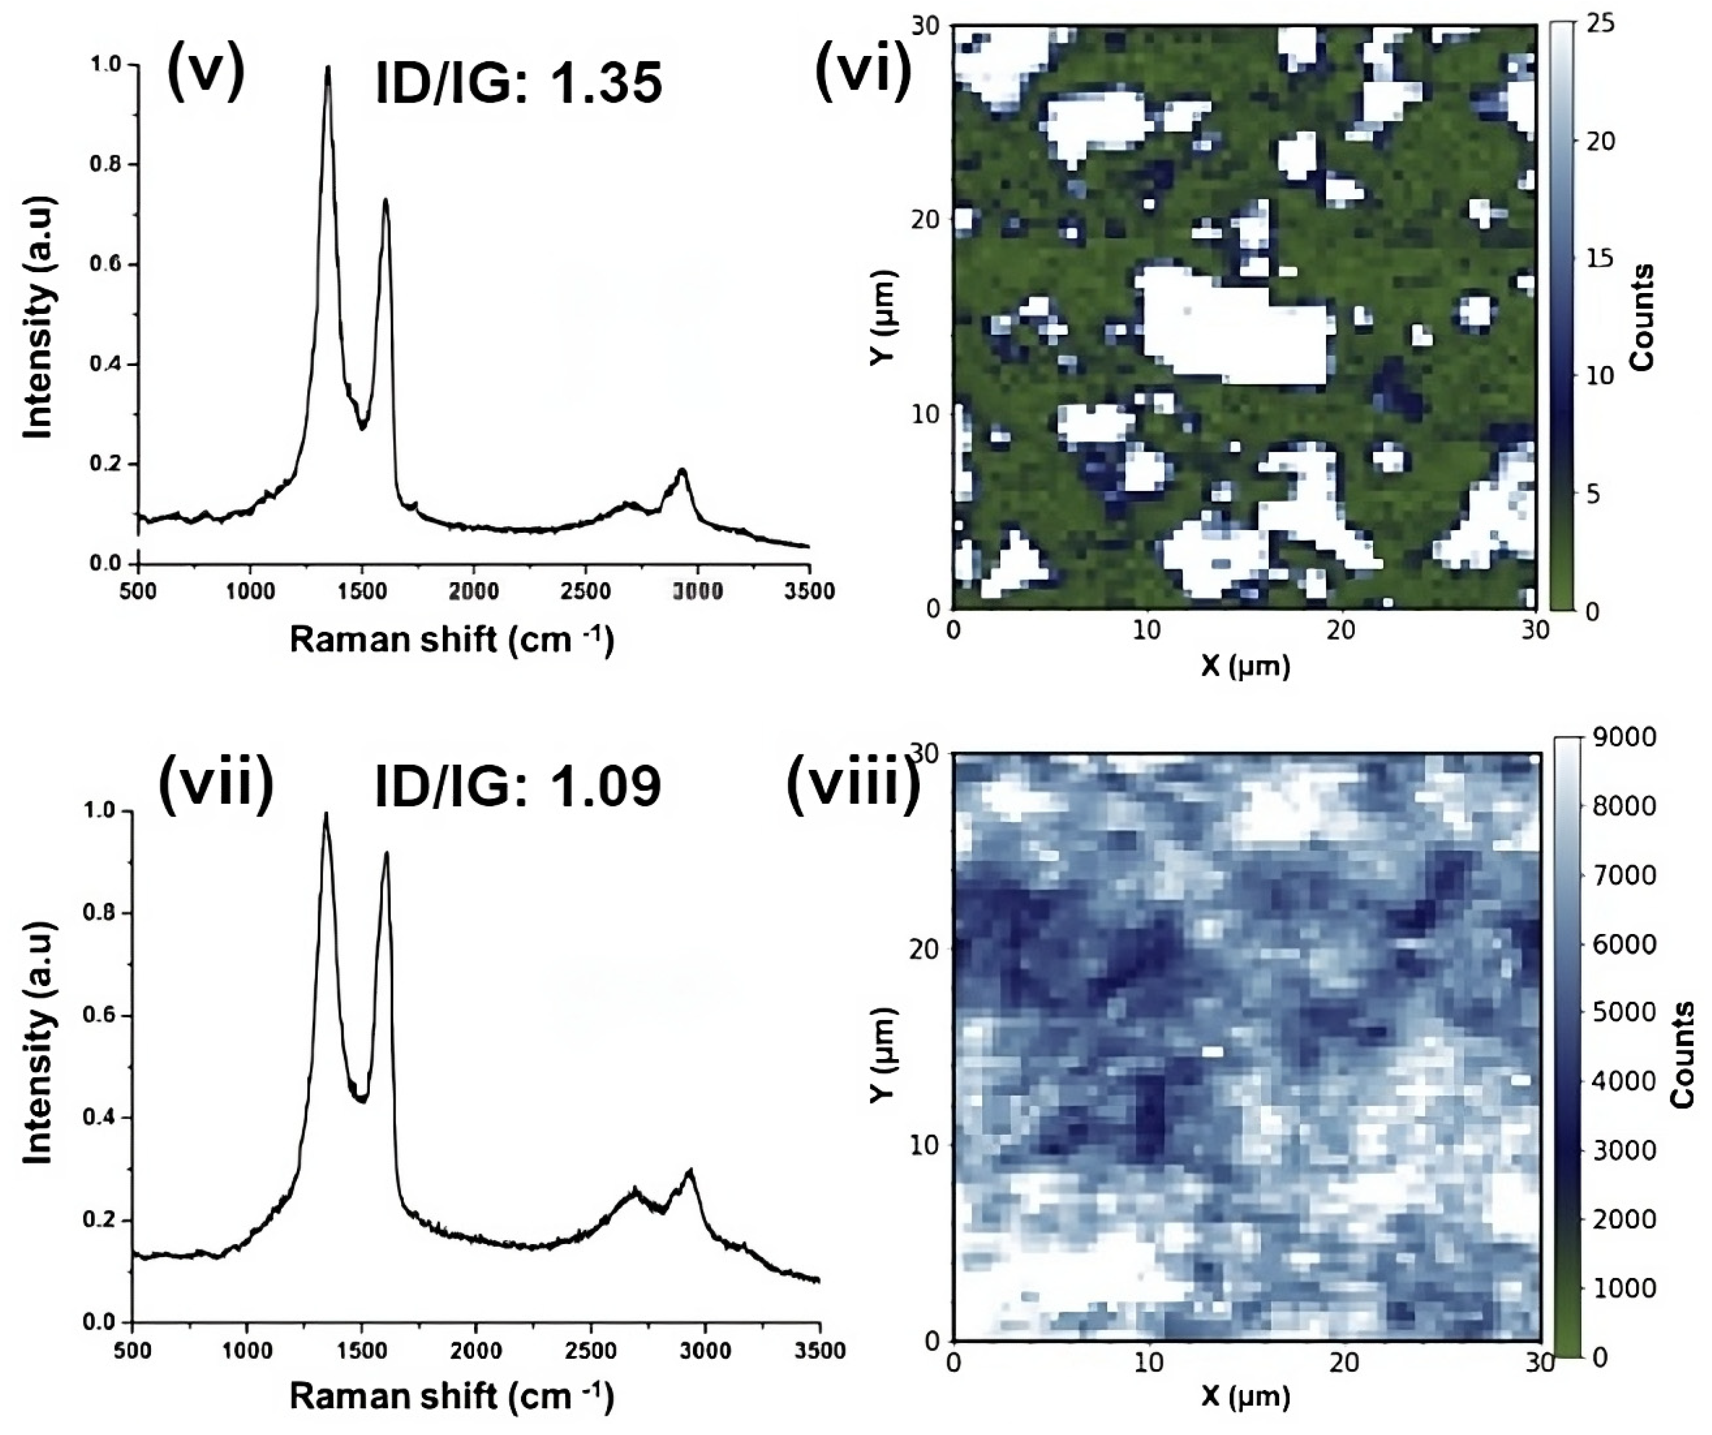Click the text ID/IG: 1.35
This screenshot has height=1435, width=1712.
point(519,83)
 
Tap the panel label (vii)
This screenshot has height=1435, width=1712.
point(216,781)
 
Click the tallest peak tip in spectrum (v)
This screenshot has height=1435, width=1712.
point(328,67)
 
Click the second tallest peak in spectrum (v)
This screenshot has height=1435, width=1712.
point(386,200)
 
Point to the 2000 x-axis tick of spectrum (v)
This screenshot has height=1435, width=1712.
point(475,590)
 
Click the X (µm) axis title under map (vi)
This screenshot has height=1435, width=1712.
point(1245,666)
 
